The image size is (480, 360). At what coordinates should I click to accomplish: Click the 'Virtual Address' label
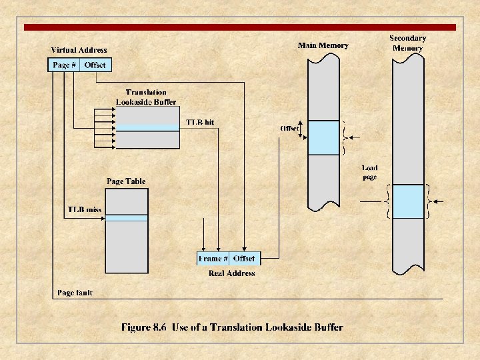pyautogui.click(x=79, y=50)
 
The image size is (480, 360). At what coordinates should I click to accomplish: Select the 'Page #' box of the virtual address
pyautogui.click(x=64, y=65)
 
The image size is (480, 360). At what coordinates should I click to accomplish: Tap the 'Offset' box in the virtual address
pyautogui.click(x=95, y=65)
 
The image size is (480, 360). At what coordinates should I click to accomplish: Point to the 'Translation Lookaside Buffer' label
pyautogui.click(x=146, y=97)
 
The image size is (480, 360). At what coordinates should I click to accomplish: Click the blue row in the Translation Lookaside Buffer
pyautogui.click(x=147, y=128)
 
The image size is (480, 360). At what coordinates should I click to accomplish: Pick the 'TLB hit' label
pyautogui.click(x=200, y=123)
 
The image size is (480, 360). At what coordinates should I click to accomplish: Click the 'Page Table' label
pyautogui.click(x=126, y=181)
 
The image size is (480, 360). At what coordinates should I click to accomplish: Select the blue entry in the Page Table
pyautogui.click(x=127, y=218)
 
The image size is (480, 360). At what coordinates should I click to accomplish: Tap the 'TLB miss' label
pyautogui.click(x=85, y=209)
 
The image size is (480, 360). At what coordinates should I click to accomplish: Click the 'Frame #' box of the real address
pyautogui.click(x=213, y=259)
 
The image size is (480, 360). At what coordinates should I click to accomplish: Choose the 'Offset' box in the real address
pyautogui.click(x=244, y=259)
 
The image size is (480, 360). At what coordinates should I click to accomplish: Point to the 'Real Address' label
pyautogui.click(x=231, y=273)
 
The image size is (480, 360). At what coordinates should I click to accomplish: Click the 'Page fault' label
pyautogui.click(x=75, y=293)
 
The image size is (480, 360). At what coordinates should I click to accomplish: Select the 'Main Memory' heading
pyautogui.click(x=323, y=45)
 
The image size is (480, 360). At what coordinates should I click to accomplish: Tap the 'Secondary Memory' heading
pyautogui.click(x=407, y=43)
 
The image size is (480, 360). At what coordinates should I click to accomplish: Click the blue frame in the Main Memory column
pyautogui.click(x=323, y=138)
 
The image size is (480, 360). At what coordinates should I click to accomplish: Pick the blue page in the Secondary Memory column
pyautogui.click(x=408, y=201)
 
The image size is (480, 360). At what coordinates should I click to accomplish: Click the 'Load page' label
pyautogui.click(x=369, y=173)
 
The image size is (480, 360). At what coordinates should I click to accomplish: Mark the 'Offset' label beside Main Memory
pyautogui.click(x=289, y=128)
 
